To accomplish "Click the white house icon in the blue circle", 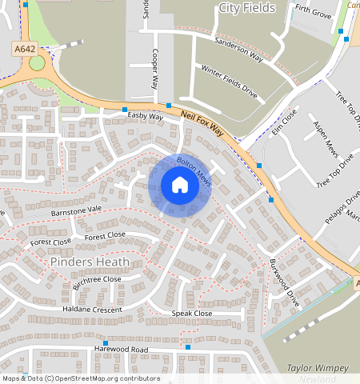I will pos(180,185).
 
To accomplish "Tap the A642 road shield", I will pos(25,50).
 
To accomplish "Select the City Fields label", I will pos(246,8).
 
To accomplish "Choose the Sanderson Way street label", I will pos(238,47).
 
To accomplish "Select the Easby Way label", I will pos(145,117).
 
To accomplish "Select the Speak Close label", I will pos(192,314).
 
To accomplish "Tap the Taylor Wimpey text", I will pos(317,368).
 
